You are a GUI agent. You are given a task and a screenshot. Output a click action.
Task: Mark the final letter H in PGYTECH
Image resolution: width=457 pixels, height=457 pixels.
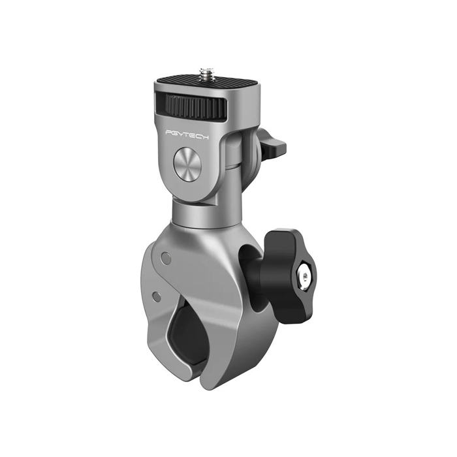click(216, 133)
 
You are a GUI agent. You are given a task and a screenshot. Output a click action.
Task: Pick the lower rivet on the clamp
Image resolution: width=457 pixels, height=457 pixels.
click(156, 296)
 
